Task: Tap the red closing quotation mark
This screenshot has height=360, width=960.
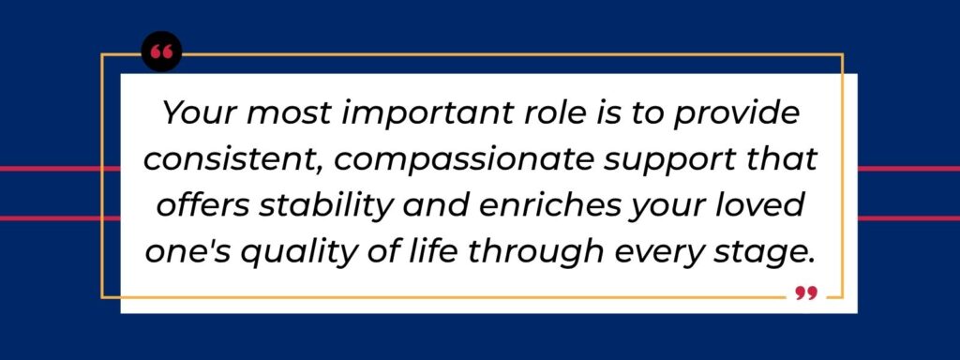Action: (805, 293)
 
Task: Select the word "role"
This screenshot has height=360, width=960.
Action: (544, 116)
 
